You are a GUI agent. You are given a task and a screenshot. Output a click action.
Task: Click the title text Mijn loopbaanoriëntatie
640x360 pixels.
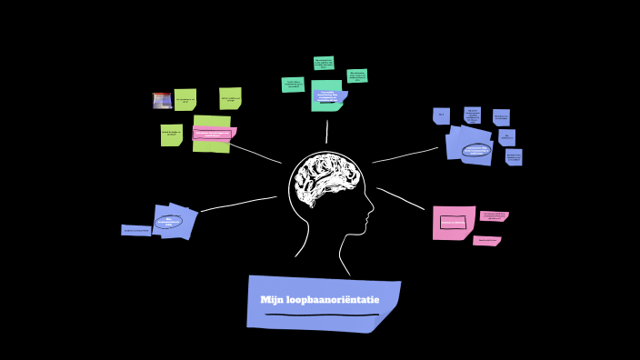coord(320,300)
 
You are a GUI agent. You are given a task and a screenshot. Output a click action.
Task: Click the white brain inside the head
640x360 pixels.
coord(325,177)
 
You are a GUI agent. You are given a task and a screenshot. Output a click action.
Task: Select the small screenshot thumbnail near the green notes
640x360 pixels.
coord(163,100)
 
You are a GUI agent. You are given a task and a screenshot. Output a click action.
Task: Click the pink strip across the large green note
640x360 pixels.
coord(214,135)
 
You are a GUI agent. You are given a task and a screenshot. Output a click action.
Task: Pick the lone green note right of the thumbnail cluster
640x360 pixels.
coord(230,98)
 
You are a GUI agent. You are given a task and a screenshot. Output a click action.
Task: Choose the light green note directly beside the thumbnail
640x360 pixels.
coord(185,99)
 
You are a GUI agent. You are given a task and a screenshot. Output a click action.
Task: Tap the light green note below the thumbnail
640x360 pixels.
coord(171,135)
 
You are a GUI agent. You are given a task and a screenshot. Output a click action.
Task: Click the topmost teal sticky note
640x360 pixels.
coord(324,63)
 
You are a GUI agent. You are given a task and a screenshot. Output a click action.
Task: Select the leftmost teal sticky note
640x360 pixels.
coord(293,85)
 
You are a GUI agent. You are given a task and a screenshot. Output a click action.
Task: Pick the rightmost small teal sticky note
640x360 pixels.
coord(357,76)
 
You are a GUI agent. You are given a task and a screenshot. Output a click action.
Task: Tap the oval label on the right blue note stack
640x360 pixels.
coord(475,150)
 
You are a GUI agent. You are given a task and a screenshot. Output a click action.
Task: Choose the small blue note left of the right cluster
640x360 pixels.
coord(441,115)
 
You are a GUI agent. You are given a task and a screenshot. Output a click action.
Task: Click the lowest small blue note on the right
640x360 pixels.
coord(514,157)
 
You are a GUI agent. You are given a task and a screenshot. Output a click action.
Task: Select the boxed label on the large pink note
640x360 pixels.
coord(453,222)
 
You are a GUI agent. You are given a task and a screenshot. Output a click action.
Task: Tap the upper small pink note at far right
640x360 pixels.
coord(494,216)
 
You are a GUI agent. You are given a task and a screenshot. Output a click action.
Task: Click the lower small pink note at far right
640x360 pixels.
coord(486,241)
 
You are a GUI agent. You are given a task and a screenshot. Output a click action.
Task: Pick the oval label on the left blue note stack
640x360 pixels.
coord(169,221)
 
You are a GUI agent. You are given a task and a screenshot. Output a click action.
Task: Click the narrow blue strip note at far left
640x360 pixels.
coord(135,231)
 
